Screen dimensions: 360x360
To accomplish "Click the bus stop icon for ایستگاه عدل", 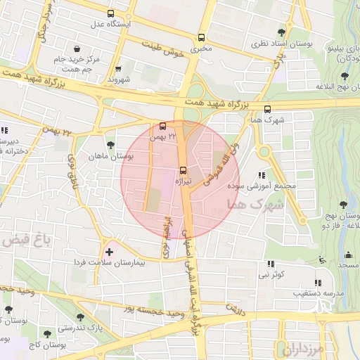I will pyautogui.click(x=110, y=13).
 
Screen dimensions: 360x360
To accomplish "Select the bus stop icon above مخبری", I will pyautogui.click(x=202, y=38).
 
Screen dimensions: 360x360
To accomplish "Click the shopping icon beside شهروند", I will pyautogui.click(x=117, y=69).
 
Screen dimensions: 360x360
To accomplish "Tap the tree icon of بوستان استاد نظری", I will pyautogui.click(x=282, y=32).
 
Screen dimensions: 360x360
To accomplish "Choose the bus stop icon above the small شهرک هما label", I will pyautogui.click(x=267, y=109).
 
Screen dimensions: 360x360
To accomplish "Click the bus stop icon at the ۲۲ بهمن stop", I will pyautogui.click(x=164, y=126).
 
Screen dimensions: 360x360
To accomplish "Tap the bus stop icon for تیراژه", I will pyautogui.click(x=184, y=170).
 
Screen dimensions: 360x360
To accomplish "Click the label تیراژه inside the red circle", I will pyautogui.click(x=184, y=181).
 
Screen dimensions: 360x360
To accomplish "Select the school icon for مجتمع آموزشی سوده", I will pyautogui.click(x=262, y=175).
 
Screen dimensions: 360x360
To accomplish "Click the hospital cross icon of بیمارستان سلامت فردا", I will pyautogui.click(x=108, y=251).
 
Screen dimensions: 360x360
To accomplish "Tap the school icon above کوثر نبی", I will pyautogui.click(x=270, y=264).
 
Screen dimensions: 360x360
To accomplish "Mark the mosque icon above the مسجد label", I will pyautogui.click(x=322, y=260).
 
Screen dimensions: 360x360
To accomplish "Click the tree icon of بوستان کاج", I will pyautogui.click(x=48, y=334).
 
